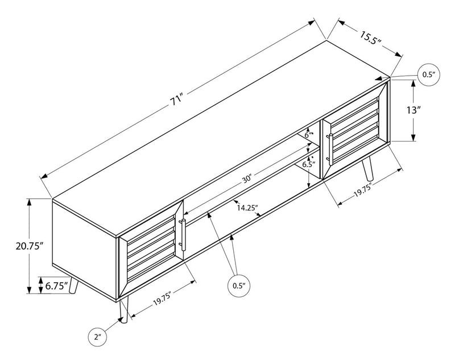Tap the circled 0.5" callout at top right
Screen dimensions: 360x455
point(428,75)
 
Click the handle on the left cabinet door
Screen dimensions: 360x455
point(182,234)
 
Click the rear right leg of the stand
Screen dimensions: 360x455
point(369,168)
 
